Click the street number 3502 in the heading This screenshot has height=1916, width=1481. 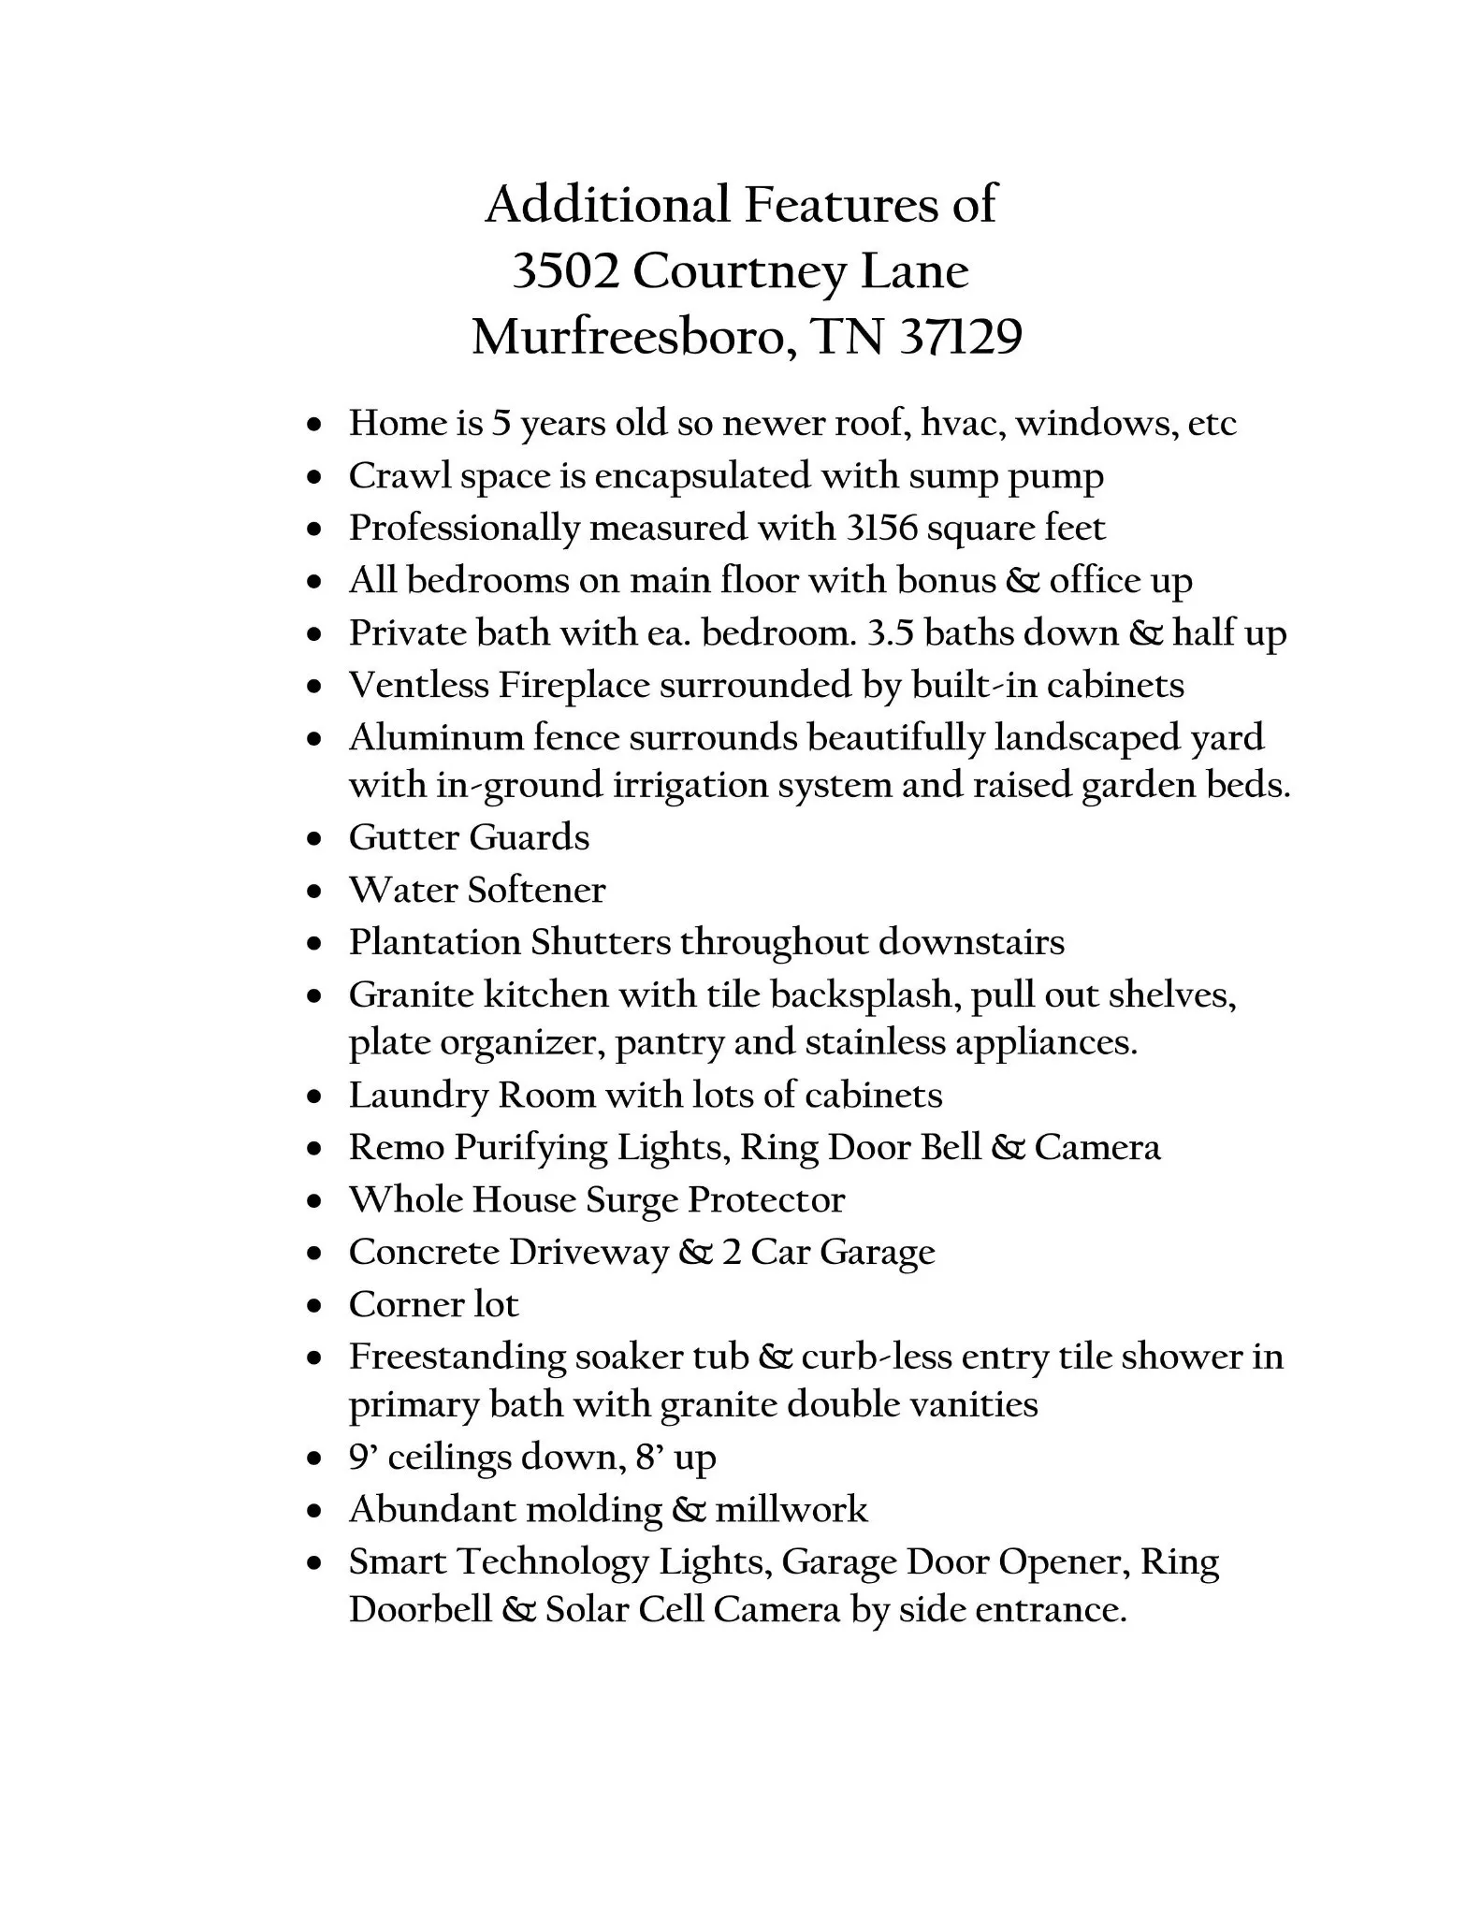pyautogui.click(x=565, y=272)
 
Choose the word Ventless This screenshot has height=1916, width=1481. pyautogui.click(x=418, y=686)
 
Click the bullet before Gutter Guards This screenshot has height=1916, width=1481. pyautogui.click(x=315, y=839)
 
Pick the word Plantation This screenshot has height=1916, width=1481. pyautogui.click(x=435, y=942)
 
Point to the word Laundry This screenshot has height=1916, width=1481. pyautogui.click(x=419, y=1096)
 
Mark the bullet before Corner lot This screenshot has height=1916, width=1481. pyautogui.click(x=315, y=1306)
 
